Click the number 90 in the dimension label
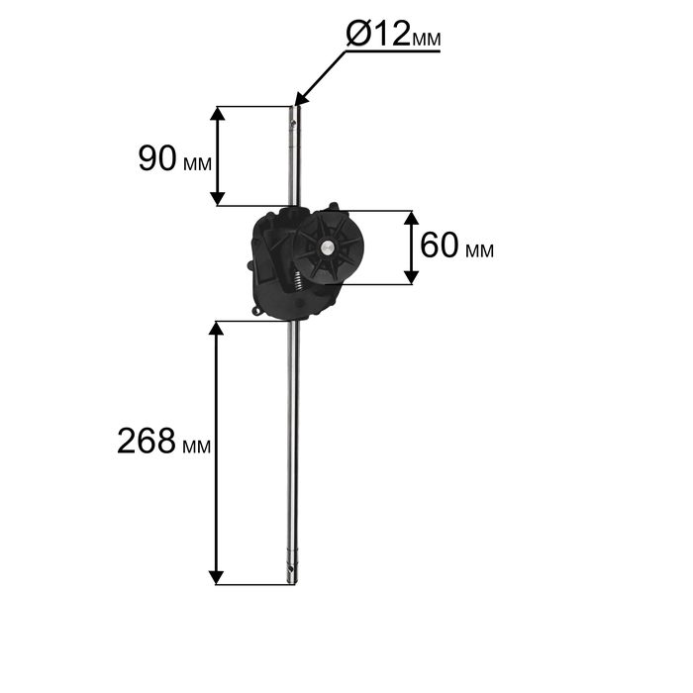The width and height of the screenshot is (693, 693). coord(157,158)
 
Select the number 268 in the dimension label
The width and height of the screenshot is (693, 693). coord(147,441)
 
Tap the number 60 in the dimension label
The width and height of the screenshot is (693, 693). coord(439,246)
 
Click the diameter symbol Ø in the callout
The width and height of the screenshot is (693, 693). coord(358,34)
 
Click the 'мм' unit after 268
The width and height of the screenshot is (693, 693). coord(196,446)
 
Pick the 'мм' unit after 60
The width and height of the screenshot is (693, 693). coord(479,251)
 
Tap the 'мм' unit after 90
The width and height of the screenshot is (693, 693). coord(197,164)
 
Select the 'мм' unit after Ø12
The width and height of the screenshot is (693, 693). coord(426,39)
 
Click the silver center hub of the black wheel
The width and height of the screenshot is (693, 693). coord(327,247)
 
